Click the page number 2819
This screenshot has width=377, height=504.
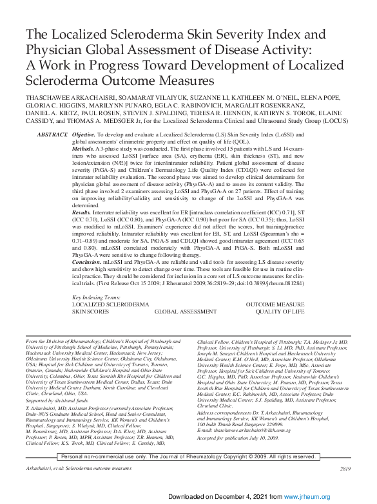click(345, 469)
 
